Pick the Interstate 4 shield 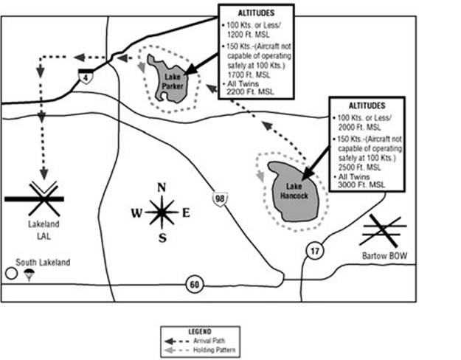tap(87, 77)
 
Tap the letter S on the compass tap(162, 238)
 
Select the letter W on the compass tap(136, 213)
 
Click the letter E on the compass tap(186, 213)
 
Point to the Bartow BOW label tap(387, 255)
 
